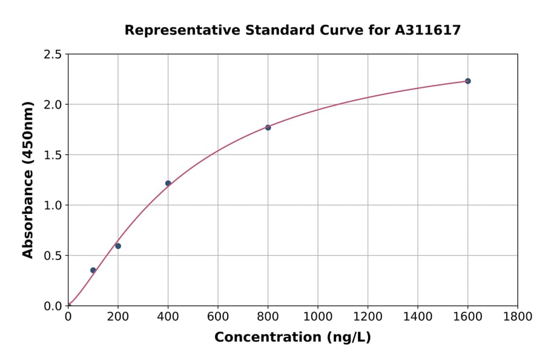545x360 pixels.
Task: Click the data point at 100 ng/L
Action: [93, 270]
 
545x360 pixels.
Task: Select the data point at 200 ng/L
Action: [118, 246]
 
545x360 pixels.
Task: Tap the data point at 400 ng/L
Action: [168, 183]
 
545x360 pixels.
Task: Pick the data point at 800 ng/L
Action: [268, 127]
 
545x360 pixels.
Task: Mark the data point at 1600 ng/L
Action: [467, 81]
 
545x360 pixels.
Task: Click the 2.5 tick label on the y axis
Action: [53, 55]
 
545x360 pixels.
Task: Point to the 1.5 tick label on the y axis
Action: [53, 155]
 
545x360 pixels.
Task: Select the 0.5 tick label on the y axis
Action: [53, 256]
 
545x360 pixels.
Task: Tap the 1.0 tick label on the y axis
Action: [53, 205]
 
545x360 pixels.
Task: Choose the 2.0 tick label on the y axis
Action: [53, 105]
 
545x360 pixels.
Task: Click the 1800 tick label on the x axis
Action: [518, 316]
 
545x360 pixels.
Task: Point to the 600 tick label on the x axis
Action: [218, 316]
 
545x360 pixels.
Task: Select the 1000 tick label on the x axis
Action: [318, 316]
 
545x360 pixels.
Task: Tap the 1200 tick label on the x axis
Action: [368, 316]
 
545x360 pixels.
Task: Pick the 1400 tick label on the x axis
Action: [418, 316]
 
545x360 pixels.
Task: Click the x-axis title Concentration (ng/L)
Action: [292, 338]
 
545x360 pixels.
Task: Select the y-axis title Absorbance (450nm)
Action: [28, 180]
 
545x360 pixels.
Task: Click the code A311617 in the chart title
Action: [428, 30]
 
